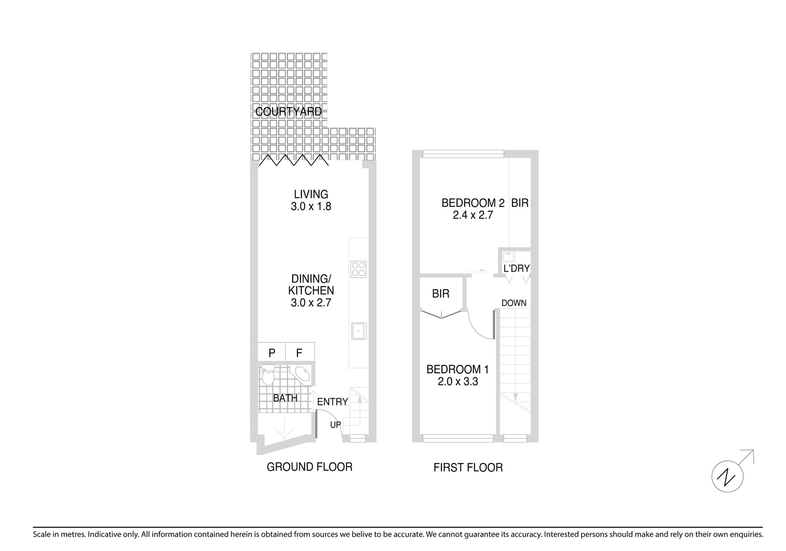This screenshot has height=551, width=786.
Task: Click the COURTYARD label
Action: (288, 111)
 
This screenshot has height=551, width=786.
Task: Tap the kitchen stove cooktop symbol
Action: (358, 269)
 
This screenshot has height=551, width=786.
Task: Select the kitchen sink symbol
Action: (359, 331)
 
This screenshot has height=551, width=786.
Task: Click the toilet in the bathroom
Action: (268, 375)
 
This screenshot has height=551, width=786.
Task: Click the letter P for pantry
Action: (271, 353)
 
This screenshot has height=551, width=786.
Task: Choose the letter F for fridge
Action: (299, 353)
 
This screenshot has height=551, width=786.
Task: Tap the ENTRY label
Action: (332, 402)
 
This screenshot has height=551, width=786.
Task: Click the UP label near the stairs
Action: (336, 425)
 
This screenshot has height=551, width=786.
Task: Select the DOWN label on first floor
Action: (514, 303)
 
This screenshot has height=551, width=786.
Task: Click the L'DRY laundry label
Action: (516, 268)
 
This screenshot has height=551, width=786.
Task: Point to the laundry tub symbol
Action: (508, 257)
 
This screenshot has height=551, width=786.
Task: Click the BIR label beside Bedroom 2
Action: (520, 203)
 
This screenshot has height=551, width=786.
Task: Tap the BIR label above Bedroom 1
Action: (440, 293)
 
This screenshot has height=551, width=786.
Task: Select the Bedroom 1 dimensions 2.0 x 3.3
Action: (458, 382)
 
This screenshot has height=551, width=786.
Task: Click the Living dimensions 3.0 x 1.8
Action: (311, 206)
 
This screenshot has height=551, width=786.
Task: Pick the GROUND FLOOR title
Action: (309, 467)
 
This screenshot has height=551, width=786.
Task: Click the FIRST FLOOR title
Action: (468, 467)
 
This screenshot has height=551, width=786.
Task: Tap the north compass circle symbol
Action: (727, 477)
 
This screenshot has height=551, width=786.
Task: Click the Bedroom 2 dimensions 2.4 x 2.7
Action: (473, 215)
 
